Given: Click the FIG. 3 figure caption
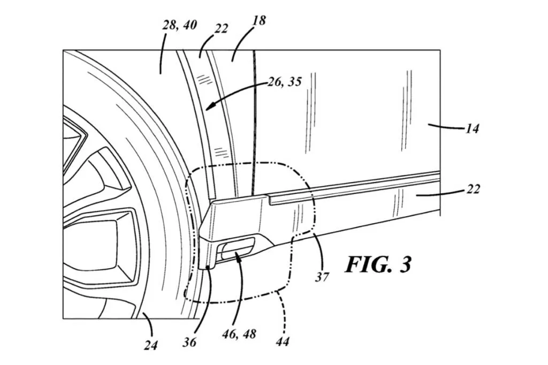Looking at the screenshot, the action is pos(378,265).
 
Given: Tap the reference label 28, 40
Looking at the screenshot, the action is pos(180,25).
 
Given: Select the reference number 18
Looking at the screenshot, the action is pos(259,21).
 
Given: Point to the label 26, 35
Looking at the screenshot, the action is pos(285,82).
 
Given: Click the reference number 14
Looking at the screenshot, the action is pos(472,129).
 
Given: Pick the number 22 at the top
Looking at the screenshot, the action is pos(221,28).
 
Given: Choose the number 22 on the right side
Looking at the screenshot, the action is pos(473,189).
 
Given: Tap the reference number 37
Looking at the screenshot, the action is pos(322,277).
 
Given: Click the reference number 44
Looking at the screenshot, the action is pos(283,341).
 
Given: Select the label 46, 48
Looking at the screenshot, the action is pos(239,334).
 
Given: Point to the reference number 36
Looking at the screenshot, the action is pos(189,342).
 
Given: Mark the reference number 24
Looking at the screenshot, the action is pos(150,345).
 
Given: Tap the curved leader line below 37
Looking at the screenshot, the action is pos(320,251).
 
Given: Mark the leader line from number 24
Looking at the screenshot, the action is pos(150,324).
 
